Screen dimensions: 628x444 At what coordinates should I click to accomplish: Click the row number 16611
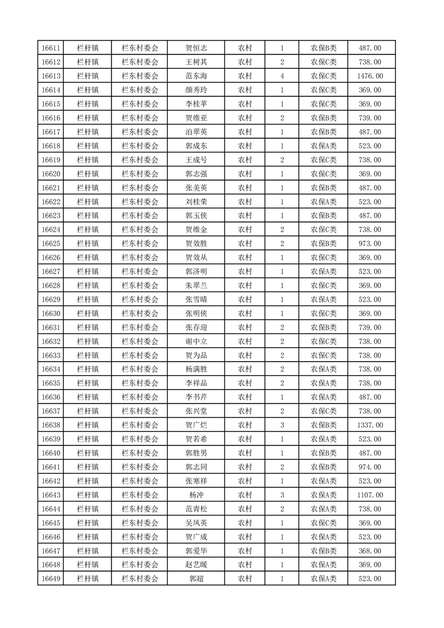click(x=51, y=48)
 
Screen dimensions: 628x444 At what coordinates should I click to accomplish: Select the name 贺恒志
click(x=196, y=48)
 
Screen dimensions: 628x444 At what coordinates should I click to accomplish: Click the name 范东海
click(x=196, y=76)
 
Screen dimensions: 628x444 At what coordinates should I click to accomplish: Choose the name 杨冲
click(x=196, y=495)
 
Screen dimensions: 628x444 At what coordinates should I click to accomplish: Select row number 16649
click(x=51, y=579)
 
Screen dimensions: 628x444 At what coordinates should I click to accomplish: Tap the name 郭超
click(x=196, y=579)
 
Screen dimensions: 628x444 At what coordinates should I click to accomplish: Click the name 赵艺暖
click(x=196, y=565)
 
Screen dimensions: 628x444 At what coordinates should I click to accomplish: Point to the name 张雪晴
click(x=196, y=299)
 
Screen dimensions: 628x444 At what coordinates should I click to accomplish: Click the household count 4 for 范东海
click(x=282, y=76)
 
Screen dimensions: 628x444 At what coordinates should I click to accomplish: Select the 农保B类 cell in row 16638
click(x=324, y=425)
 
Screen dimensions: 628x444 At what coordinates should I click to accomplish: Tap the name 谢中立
click(x=196, y=341)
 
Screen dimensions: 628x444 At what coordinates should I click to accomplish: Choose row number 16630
click(x=51, y=313)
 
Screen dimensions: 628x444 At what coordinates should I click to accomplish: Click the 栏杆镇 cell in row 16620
click(x=88, y=174)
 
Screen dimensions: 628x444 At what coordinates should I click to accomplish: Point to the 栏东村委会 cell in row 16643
click(x=140, y=495)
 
